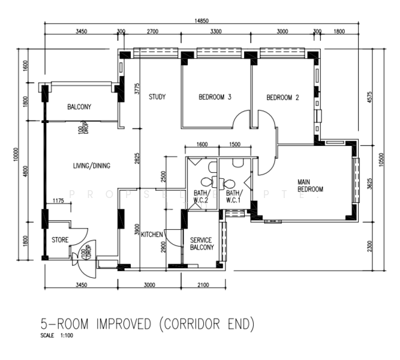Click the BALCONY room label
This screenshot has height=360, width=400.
point(79,107)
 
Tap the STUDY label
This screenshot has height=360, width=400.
point(157,97)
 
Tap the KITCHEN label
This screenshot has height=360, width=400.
point(152,235)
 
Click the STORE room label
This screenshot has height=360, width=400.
point(60,240)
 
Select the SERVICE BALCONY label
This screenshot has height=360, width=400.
point(201,244)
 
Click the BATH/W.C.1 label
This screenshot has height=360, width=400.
point(233,196)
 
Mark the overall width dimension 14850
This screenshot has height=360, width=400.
point(201,20)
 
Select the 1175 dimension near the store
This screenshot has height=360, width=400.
point(59,200)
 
